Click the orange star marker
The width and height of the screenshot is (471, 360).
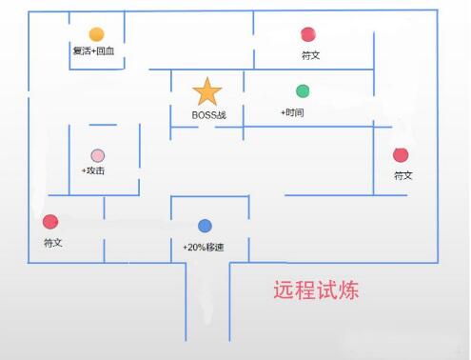207,91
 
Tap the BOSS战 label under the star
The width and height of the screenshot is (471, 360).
208,115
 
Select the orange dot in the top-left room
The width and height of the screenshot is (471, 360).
96,34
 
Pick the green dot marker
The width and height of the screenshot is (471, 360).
303,91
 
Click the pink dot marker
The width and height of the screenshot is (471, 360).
97,155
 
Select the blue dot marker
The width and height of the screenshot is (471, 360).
205,226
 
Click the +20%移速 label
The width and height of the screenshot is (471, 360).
204,247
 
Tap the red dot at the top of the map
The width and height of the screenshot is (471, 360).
307,35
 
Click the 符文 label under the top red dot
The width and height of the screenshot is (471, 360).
310,55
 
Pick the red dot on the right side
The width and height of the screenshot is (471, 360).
401,155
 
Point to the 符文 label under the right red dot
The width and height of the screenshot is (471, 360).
403,176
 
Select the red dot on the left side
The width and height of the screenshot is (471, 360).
50,222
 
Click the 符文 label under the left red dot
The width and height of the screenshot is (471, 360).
52,243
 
